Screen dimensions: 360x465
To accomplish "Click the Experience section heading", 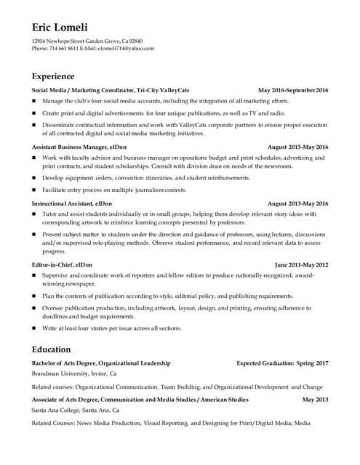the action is [x=52, y=76].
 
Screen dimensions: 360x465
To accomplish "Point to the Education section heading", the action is [x=51, y=349].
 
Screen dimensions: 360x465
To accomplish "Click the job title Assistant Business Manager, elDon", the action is [x=72, y=147].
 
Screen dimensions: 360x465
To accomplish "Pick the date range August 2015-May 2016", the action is [x=298, y=147].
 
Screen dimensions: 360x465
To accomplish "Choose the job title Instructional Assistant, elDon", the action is [x=71, y=203].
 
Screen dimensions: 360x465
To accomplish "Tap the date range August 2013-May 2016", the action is [x=298, y=203].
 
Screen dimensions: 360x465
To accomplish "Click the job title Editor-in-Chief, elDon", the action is [x=62, y=265].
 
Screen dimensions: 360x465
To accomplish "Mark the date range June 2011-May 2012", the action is [x=302, y=265].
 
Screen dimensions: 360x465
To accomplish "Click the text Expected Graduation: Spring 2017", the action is [x=282, y=363].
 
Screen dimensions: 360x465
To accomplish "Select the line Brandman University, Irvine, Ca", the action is [x=74, y=373].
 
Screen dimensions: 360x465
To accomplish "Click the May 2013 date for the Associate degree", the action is [x=316, y=400].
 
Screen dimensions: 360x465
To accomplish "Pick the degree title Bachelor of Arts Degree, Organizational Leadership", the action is [x=101, y=363].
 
